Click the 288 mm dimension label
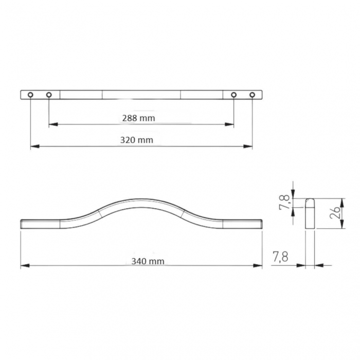pos(138,118)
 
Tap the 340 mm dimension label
pos(148,261)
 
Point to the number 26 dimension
pos(335,211)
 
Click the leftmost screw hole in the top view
pos(30,95)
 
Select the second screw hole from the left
pos(49,95)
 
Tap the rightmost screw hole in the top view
pos(252,95)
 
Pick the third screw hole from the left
pos(233,95)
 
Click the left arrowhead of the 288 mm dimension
pos(52,124)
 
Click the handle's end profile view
pos(310,213)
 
